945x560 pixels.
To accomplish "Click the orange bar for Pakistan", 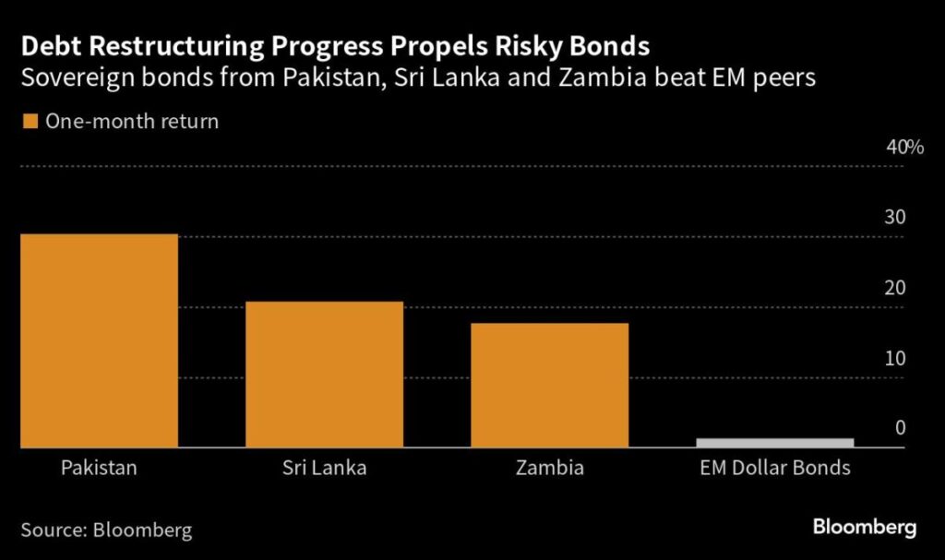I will click(x=99, y=341).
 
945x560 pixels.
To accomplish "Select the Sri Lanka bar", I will click(x=324, y=375).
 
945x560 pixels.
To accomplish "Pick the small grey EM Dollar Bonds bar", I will click(x=773, y=443).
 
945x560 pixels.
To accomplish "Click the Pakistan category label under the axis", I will click(x=99, y=468).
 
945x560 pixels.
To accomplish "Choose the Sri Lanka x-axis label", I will click(x=324, y=468).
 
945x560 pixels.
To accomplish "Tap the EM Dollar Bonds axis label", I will click(x=773, y=468).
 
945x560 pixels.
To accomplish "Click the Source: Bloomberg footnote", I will click(x=106, y=530).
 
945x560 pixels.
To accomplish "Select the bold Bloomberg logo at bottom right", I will click(x=865, y=528).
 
